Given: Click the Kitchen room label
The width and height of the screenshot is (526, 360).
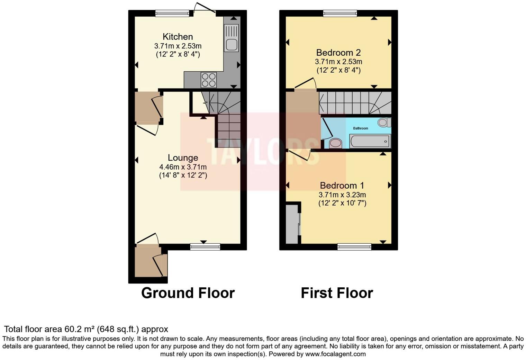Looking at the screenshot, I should click(178, 37).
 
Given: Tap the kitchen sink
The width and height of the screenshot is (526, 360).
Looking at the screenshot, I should click(231, 44).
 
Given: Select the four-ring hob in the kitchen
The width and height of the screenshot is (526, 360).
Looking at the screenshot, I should click(209, 80).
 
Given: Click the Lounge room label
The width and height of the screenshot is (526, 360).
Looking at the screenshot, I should click(183, 158).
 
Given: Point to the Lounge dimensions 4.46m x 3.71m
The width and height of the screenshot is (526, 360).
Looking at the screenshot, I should click(183, 167).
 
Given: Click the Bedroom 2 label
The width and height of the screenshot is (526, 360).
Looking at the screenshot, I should click(338, 53).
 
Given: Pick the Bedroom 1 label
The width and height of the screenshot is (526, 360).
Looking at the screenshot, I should click(342, 186).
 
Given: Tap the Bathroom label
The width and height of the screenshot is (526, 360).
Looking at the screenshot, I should click(360, 128).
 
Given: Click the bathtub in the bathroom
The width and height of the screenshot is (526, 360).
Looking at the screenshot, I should click(370, 141).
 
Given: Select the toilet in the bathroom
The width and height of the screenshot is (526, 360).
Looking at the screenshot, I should click(384, 122).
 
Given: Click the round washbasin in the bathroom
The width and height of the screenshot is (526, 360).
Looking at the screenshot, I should click(335, 143).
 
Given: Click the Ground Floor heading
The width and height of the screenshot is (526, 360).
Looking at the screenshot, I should click(188, 293).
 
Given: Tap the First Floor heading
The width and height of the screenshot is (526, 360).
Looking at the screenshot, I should click(336, 293).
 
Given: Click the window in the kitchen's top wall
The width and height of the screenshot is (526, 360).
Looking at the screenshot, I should click(172, 13).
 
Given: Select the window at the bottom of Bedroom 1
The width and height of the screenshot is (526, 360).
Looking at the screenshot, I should click(354, 247).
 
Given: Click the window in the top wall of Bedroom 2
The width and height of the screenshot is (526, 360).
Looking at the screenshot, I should click(340, 13).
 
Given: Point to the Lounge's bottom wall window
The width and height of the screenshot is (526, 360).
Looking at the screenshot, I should click(205, 247).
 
